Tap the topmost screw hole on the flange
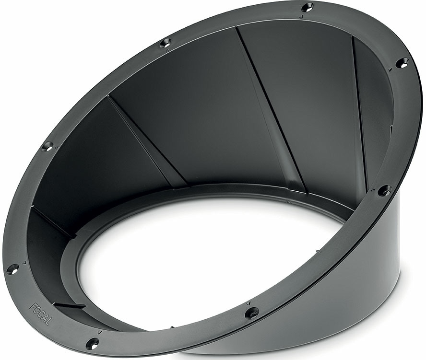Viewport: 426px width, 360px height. tap(308, 7)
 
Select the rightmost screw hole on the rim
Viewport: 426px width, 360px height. tap(402, 62)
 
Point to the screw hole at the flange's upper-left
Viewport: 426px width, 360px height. tap(166, 43)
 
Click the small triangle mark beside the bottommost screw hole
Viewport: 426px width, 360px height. tap(100, 332)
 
